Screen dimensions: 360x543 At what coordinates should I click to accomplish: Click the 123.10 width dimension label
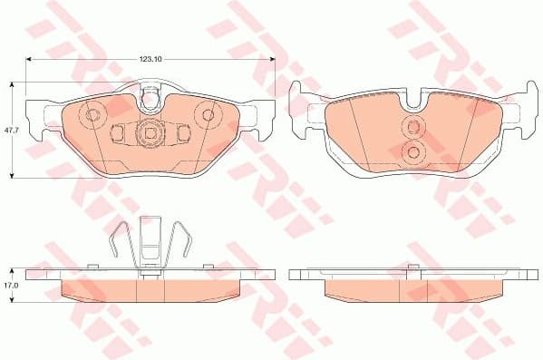(150, 59)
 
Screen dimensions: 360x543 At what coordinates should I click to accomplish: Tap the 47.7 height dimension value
(10, 130)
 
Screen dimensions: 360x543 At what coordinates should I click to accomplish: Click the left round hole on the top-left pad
(91, 115)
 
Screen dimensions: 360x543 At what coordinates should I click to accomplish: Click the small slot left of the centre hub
(117, 133)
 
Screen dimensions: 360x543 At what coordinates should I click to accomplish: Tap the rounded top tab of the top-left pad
(152, 91)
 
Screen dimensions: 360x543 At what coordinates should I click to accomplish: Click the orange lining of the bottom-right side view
(413, 289)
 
